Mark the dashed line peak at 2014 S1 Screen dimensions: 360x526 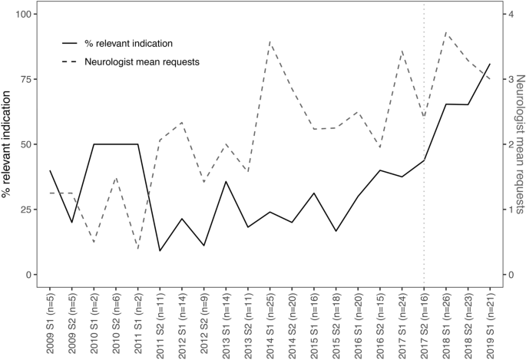click(x=270, y=41)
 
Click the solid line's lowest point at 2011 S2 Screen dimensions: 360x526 click(x=160, y=251)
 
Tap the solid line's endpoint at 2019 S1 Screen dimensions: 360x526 click(x=490, y=64)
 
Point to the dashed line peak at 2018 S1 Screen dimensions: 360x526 click(x=446, y=32)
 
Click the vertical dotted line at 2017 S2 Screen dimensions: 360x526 click(x=424, y=192)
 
